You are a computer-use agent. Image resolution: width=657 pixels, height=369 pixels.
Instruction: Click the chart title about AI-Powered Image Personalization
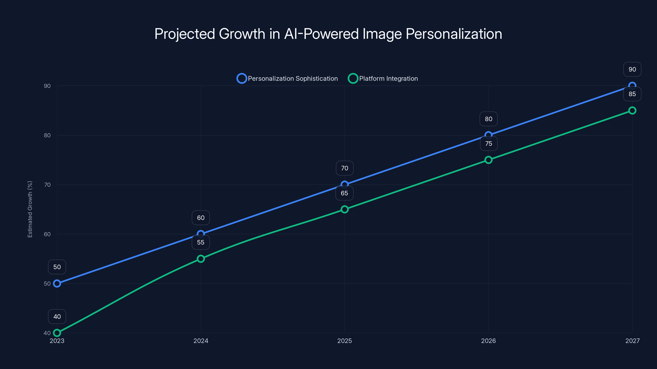point(328,34)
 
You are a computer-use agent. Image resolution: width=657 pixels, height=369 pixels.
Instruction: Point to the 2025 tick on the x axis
point(345,341)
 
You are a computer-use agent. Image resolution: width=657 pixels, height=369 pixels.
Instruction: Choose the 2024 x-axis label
point(201,341)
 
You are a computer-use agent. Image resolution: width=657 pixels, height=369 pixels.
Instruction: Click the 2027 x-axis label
point(632,341)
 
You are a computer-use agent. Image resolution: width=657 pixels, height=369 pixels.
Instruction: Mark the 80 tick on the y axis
point(47,135)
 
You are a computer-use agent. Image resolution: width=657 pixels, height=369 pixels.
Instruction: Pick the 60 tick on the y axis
point(47,234)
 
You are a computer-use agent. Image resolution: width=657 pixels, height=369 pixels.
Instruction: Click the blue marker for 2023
point(57,284)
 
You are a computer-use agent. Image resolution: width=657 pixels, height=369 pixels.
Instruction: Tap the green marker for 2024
point(201,259)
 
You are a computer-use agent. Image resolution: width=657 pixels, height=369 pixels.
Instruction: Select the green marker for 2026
point(488,160)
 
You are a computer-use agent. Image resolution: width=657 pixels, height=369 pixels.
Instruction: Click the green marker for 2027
point(632,110)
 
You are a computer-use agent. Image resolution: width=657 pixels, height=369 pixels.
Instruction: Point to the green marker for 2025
point(345,209)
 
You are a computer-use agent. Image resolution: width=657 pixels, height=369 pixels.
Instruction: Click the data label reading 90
point(632,69)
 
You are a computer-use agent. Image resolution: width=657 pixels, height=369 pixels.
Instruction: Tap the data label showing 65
point(345,193)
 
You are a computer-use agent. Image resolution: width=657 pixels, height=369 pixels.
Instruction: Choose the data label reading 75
point(488,144)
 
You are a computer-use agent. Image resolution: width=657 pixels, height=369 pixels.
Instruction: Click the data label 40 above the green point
point(57,317)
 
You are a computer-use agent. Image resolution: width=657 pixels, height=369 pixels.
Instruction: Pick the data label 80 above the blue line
point(488,119)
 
